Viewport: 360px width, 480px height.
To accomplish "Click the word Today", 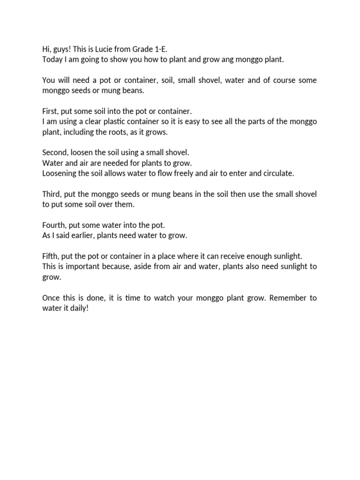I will point(52,60).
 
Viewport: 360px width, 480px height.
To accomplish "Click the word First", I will point(51,111).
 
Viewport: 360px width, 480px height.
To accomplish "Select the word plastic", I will point(124,121).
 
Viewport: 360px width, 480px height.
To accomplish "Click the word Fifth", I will point(51,256).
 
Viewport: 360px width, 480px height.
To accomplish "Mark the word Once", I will point(52,298).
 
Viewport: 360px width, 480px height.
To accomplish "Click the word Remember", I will point(281,298).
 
